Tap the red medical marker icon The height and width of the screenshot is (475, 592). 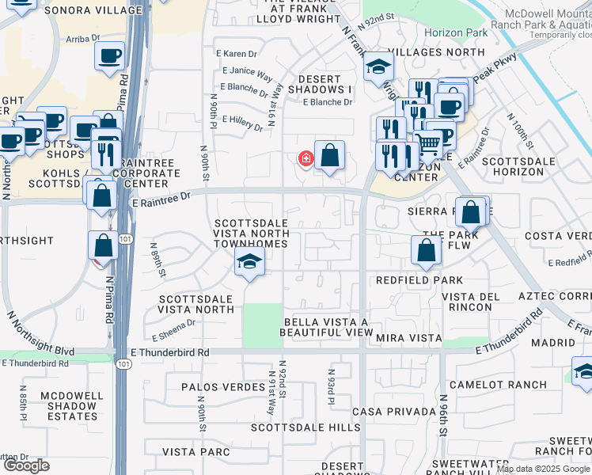pos(305,159)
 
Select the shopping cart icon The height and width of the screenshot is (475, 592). pos(428,143)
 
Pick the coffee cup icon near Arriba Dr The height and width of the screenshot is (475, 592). pos(109,55)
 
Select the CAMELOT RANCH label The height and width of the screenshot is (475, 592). pos(498,385)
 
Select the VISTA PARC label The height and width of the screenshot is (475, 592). pos(195,451)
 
